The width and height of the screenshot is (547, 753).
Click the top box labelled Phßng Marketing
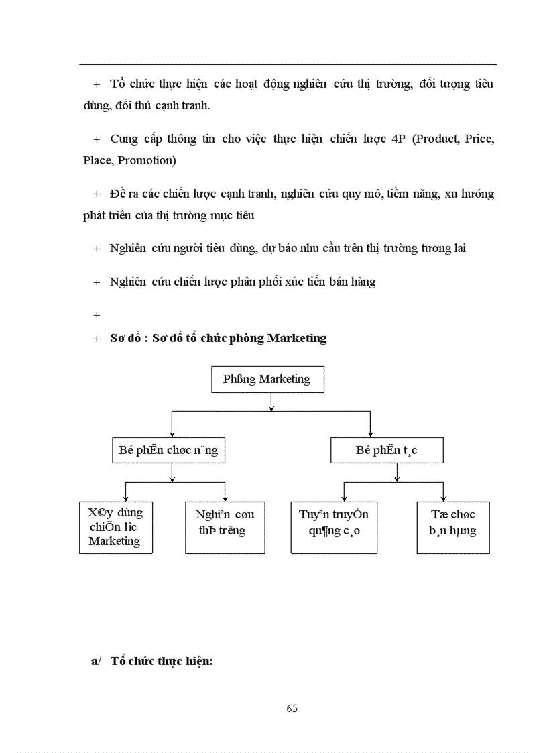(x=267, y=380)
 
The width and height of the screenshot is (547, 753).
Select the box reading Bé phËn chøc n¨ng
(x=168, y=451)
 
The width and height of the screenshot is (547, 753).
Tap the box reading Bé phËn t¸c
(x=386, y=451)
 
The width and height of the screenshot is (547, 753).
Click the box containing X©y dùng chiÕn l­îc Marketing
(x=115, y=527)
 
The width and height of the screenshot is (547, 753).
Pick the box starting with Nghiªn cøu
(x=225, y=527)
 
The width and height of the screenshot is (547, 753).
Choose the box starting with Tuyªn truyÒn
(x=333, y=527)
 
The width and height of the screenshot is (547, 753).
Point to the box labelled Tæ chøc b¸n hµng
(x=453, y=527)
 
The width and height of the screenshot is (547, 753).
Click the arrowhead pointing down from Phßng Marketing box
(x=271, y=406)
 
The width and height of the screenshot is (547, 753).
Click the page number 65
(x=292, y=708)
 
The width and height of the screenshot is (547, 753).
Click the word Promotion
(x=147, y=160)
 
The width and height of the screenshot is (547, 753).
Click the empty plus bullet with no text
(x=97, y=314)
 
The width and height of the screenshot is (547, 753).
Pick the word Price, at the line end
(x=480, y=139)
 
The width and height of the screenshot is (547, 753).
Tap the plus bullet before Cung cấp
(x=97, y=139)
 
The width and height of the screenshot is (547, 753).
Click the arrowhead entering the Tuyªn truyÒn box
(x=343, y=498)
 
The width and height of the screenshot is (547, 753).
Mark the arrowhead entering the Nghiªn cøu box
(x=225, y=498)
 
